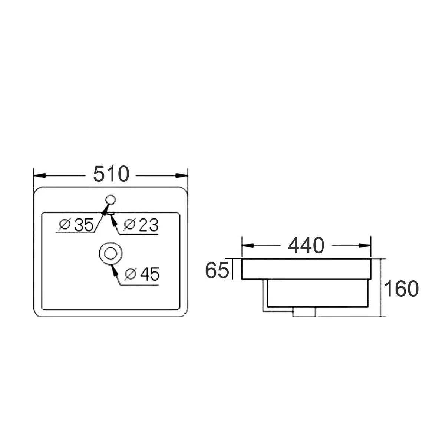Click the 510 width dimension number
(111, 174)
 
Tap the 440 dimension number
(306, 245)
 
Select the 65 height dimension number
(217, 270)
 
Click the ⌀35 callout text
(78, 225)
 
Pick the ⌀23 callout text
(142, 225)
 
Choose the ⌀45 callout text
(142, 275)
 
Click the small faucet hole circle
(110, 200)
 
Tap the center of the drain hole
(110, 254)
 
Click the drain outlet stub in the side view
(304, 312)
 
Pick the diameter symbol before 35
(65, 225)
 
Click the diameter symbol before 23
(129, 225)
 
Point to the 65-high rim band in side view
(306, 269)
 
